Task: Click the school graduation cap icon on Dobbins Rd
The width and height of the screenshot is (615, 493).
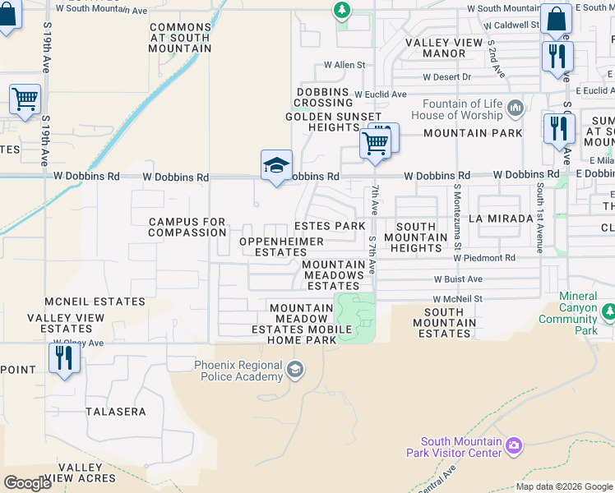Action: tap(277, 166)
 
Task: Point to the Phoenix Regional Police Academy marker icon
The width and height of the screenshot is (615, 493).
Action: tap(295, 371)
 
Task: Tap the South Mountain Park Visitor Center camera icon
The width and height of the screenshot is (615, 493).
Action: tap(514, 445)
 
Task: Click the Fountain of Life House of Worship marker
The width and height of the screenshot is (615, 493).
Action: tap(516, 108)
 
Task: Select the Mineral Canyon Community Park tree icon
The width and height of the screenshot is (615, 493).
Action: tap(608, 312)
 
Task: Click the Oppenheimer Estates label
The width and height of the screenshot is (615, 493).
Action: tap(281, 246)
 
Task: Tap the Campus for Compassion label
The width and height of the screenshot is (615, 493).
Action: tap(187, 227)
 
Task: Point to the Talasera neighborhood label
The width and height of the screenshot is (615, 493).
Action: tap(116, 411)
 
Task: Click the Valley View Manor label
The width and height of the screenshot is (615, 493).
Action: tap(446, 48)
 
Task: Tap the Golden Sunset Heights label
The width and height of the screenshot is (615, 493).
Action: tap(323, 122)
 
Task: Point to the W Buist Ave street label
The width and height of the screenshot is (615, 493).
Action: tap(457, 279)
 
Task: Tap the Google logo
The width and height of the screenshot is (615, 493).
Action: tap(28, 482)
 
